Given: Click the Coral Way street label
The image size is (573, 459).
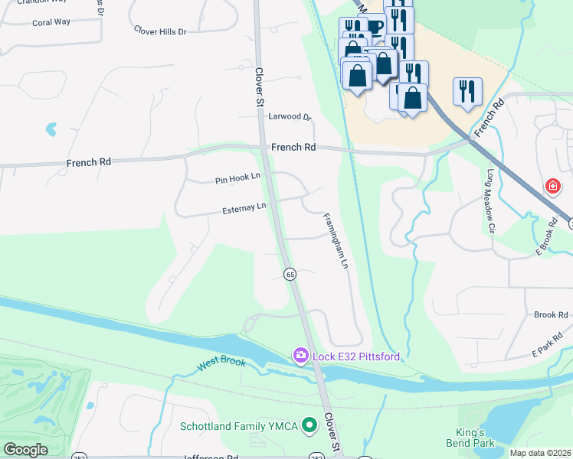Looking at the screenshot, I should tap(51, 22).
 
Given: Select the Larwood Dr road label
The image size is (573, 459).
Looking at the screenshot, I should tap(290, 117).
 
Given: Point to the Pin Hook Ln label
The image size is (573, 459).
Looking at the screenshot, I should tap(237, 180).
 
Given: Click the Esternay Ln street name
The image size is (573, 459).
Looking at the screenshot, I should tap(244, 207).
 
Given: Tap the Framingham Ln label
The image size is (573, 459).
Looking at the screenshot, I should tap(336, 239).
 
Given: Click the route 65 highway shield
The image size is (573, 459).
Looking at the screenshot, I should tap(290, 274).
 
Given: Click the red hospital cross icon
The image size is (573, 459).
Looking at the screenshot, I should tap(552, 186).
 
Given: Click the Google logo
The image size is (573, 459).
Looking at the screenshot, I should tap(25, 450).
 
